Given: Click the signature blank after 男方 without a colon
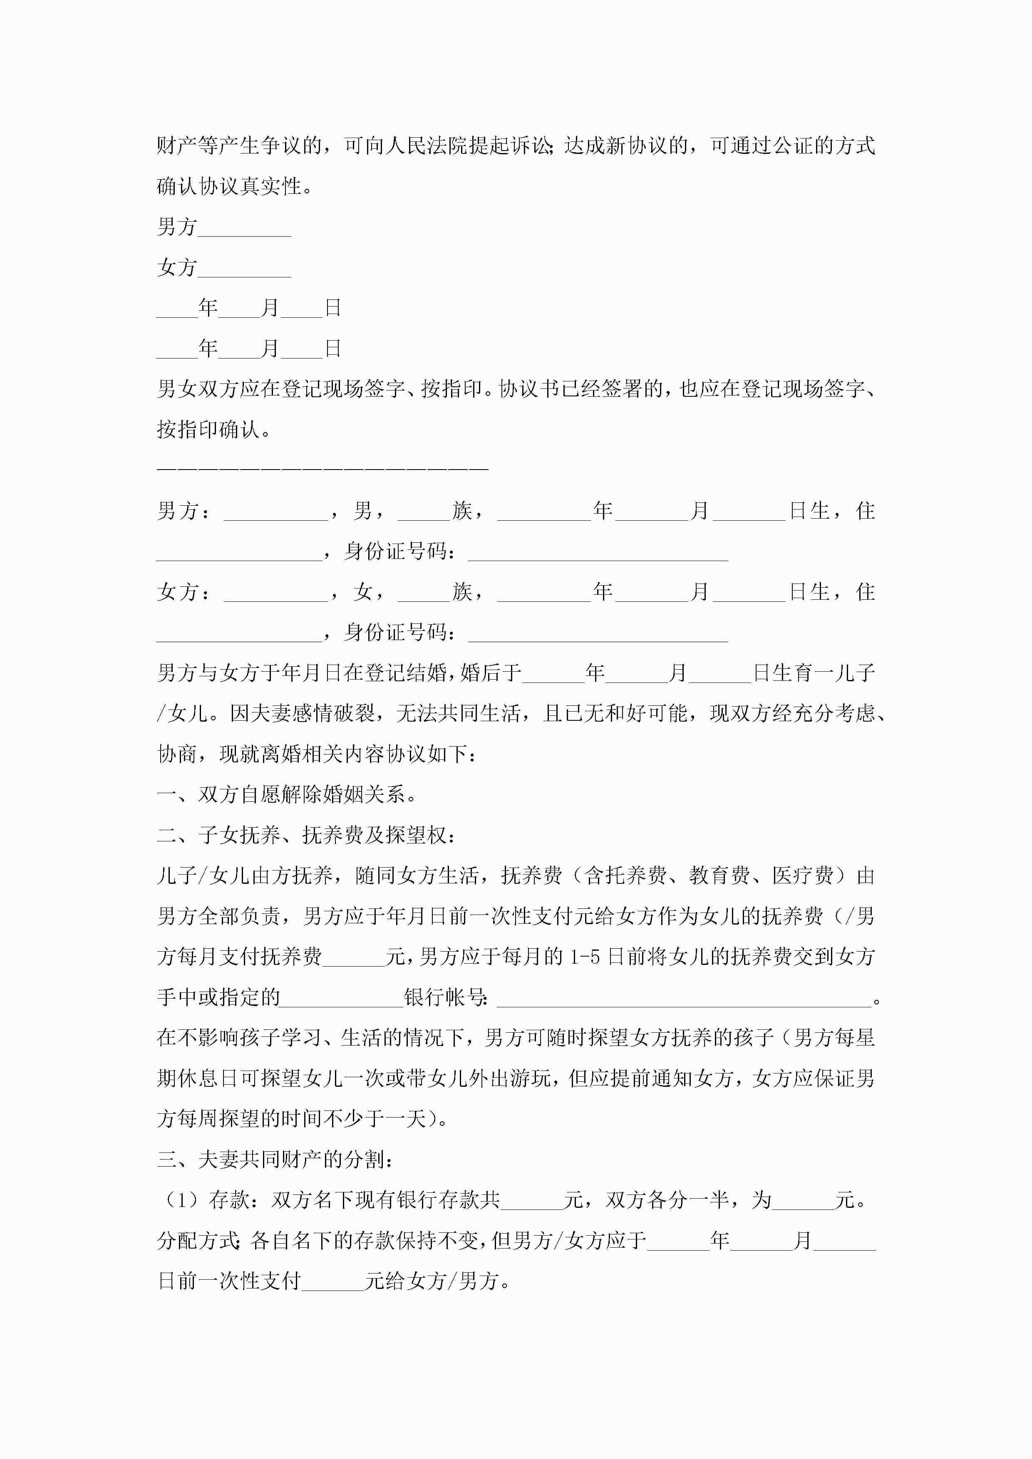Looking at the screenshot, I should tap(244, 229).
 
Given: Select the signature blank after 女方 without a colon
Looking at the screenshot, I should tap(244, 270).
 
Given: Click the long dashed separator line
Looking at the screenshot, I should tap(322, 468).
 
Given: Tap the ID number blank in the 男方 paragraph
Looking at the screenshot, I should tap(598, 551).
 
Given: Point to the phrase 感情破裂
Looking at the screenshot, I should tap(333, 714).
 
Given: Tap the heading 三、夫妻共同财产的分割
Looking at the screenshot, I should tap(275, 1160).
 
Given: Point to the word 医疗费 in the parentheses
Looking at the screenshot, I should tap(802, 875).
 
